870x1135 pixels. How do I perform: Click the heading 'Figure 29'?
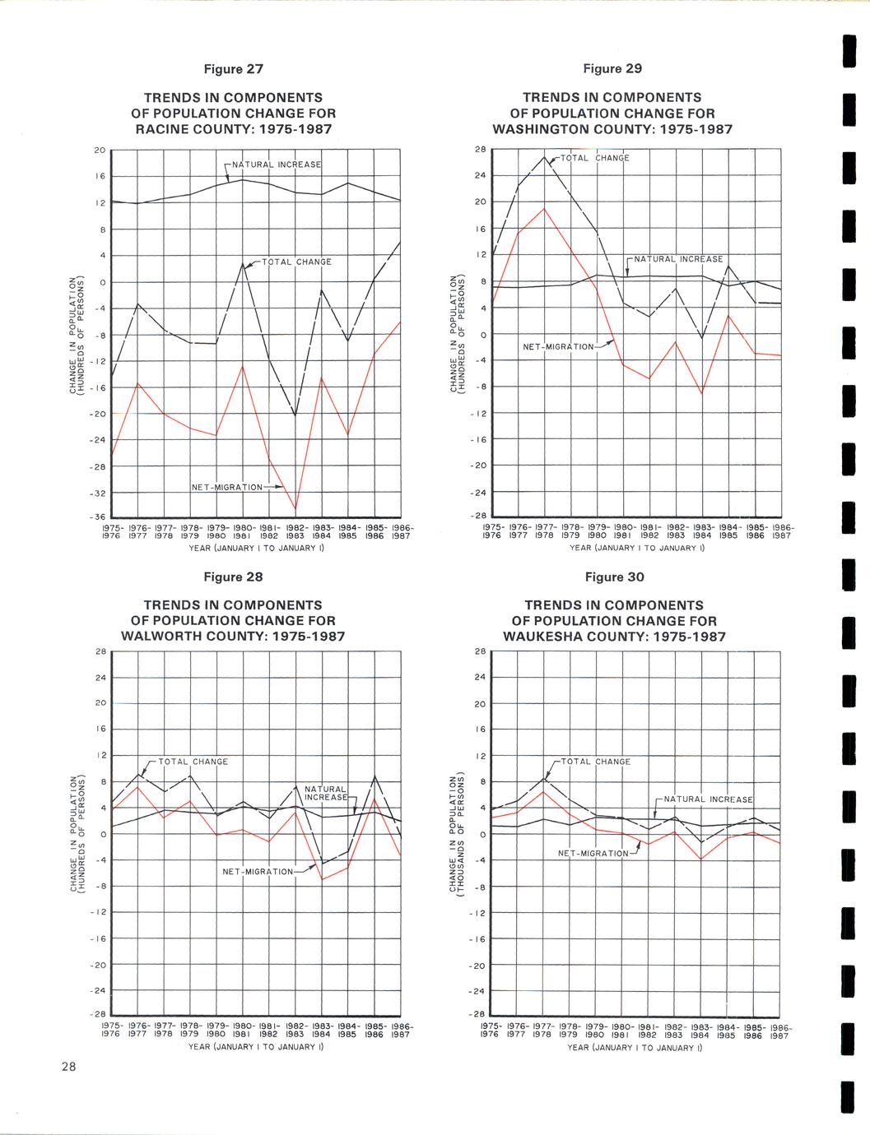(x=612, y=68)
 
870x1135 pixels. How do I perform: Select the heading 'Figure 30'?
(x=613, y=577)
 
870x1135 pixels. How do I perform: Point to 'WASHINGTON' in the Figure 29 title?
(x=537, y=129)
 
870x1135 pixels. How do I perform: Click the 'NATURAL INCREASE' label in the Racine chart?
(x=277, y=164)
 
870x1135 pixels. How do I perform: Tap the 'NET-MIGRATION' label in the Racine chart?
(x=226, y=488)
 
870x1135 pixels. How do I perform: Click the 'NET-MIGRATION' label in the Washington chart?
(x=558, y=346)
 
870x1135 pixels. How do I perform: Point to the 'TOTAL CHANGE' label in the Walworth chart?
(x=193, y=762)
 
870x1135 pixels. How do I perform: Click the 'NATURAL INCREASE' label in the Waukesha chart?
(x=708, y=799)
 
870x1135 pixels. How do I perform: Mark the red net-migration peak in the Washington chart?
(x=544, y=208)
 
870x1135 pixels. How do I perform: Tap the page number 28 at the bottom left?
(x=67, y=1067)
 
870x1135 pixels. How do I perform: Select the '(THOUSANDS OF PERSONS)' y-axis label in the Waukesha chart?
(x=463, y=834)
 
